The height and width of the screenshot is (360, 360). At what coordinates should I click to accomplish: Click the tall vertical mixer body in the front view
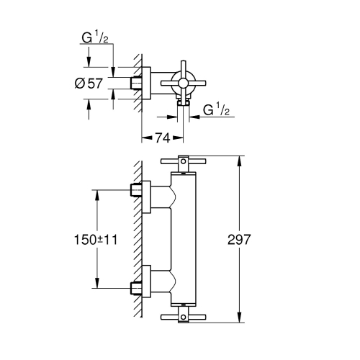(184, 241)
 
